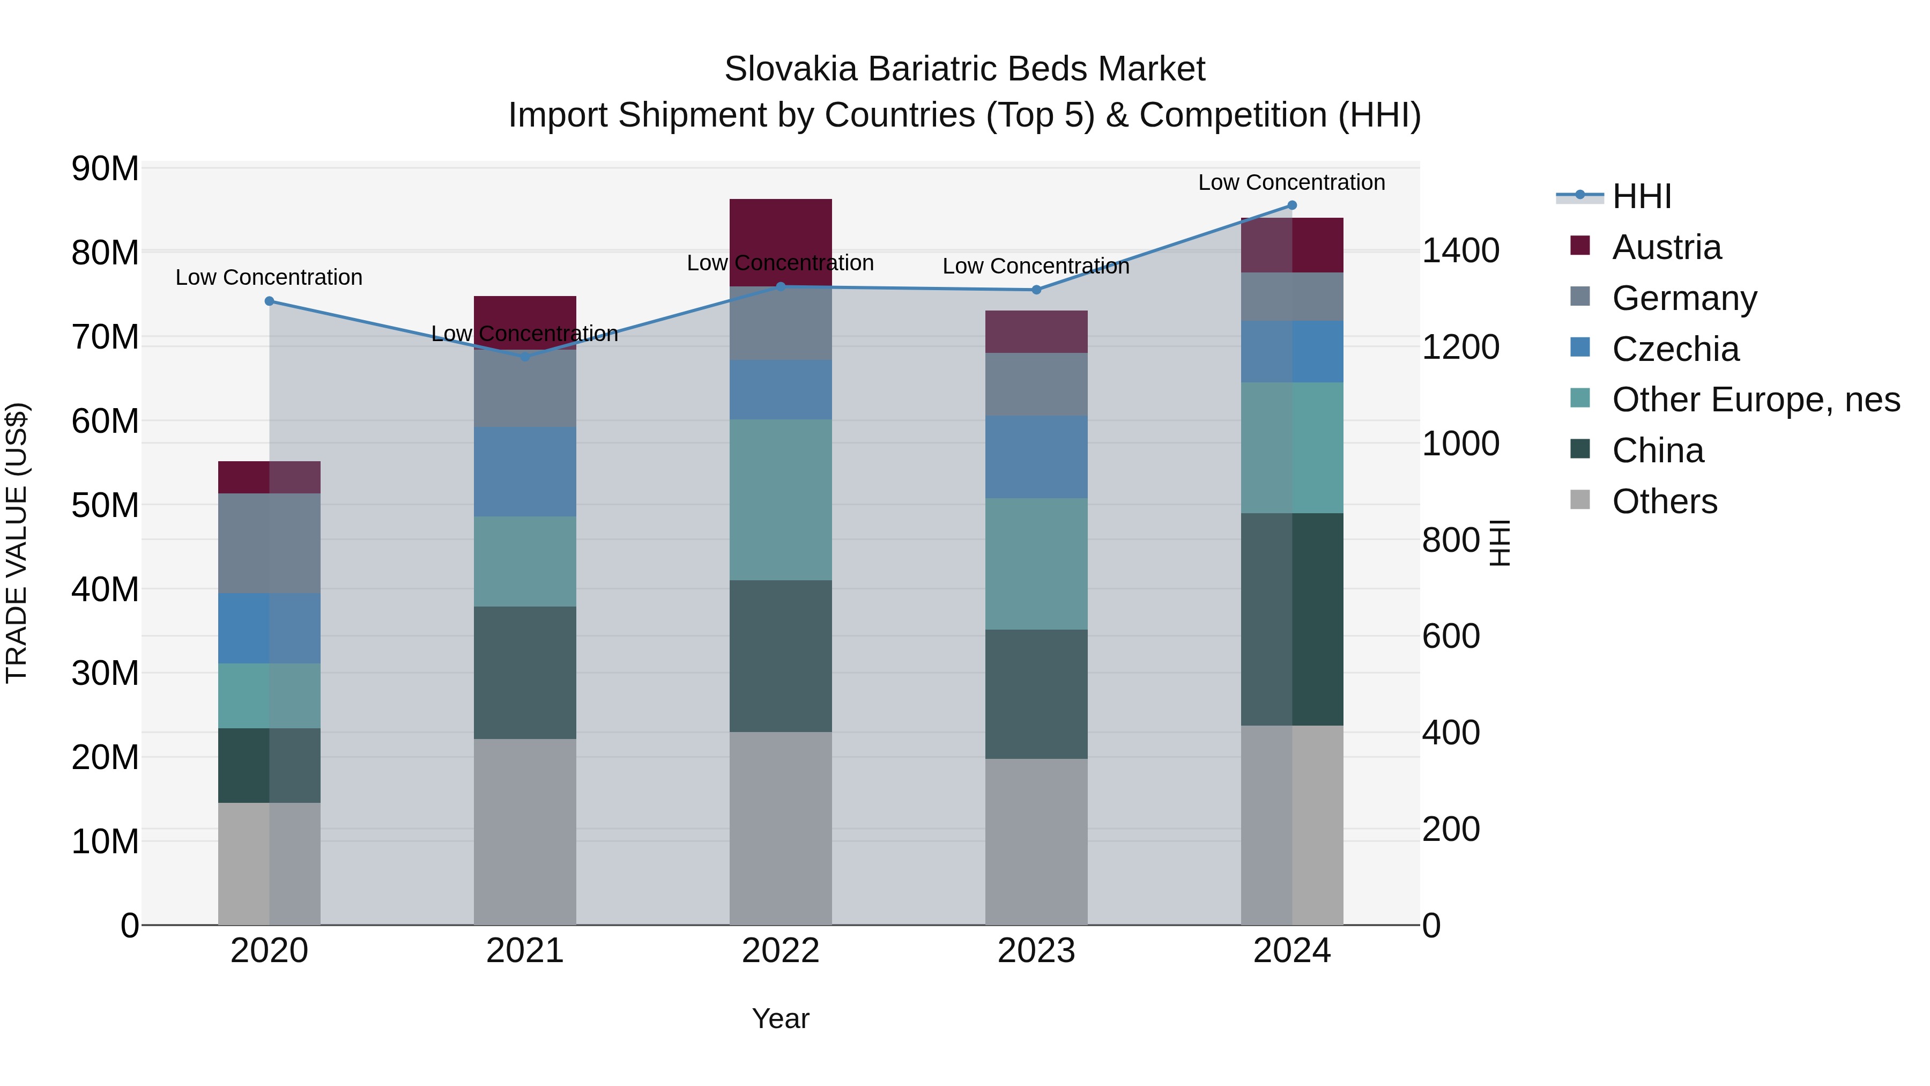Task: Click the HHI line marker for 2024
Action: [1291, 205]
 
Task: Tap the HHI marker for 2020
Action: [270, 301]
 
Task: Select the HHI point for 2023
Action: [1036, 290]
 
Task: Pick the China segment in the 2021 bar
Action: [524, 673]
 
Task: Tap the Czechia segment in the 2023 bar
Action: [1036, 457]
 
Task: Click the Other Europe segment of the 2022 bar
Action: [780, 499]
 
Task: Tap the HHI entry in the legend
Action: [1641, 196]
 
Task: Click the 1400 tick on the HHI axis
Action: [1460, 251]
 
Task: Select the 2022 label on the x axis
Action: [780, 951]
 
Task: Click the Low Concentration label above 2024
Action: [1291, 183]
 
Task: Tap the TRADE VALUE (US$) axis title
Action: [17, 543]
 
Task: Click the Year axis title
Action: [780, 1018]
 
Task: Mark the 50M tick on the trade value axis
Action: [105, 506]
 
